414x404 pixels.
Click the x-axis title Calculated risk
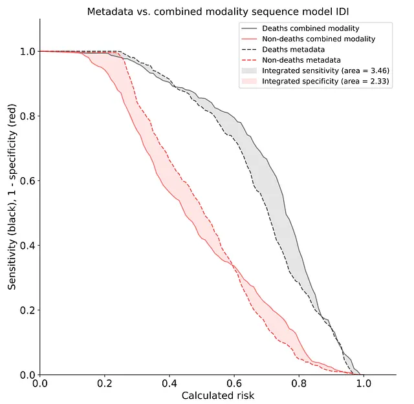coord(217,395)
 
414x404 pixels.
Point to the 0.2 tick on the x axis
coord(104,384)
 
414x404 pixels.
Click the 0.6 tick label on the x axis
coord(234,384)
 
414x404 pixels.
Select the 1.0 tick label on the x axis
coord(363,384)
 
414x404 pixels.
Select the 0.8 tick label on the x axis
coord(298,384)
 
